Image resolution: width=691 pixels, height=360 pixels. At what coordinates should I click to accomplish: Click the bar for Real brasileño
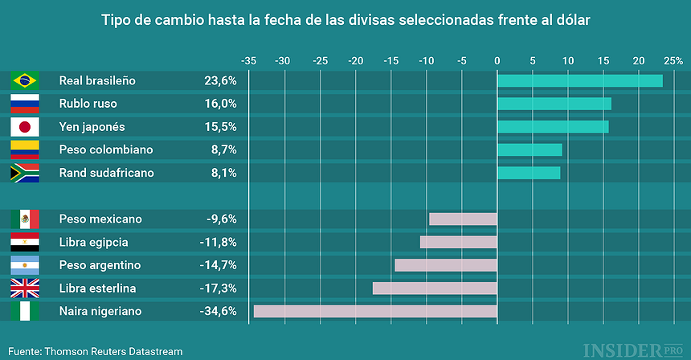[x=579, y=80]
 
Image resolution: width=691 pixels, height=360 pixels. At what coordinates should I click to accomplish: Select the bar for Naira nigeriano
[x=375, y=311]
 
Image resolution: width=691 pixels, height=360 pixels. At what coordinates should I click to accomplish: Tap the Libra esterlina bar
[x=435, y=288]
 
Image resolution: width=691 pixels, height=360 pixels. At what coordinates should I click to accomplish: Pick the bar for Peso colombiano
[x=529, y=149]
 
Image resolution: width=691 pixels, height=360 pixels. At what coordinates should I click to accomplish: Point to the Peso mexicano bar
[x=463, y=219]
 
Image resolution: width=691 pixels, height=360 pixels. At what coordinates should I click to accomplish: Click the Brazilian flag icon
[x=25, y=80]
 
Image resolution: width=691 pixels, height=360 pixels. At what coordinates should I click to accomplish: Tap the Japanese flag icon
[x=25, y=127]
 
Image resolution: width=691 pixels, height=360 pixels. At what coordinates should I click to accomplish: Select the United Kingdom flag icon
[x=25, y=288]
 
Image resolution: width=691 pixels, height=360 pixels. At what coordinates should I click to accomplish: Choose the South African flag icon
[x=25, y=173]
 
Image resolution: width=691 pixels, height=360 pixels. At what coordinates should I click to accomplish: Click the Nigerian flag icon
[x=25, y=311]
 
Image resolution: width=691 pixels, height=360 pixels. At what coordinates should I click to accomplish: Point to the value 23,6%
[x=220, y=80]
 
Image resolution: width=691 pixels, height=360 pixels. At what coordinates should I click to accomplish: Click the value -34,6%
[x=218, y=311]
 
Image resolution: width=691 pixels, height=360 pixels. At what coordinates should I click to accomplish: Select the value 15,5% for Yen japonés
[x=220, y=127]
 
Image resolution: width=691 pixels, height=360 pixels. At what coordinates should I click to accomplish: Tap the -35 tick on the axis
[x=249, y=60]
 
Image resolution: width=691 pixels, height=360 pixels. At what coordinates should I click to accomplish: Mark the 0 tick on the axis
[x=497, y=60]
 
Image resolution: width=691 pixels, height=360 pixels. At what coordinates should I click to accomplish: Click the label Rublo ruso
[x=88, y=104]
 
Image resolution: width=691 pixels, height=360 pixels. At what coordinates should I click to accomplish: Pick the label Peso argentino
[x=100, y=265]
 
